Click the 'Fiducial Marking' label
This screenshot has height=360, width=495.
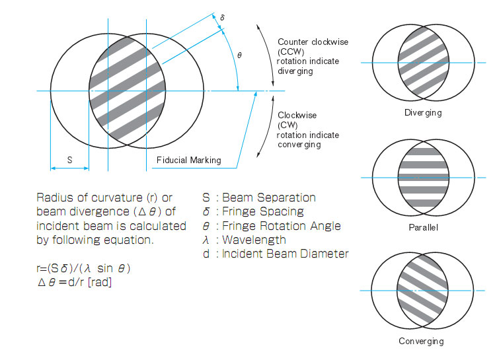[188, 161]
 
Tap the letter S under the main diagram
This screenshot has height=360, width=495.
[69, 160]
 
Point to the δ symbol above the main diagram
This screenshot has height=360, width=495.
[222, 18]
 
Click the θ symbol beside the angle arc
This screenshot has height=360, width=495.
[239, 55]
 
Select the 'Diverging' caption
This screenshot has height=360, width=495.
[423, 113]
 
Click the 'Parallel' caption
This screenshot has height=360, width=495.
[423, 228]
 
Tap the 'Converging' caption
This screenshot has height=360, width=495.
[421, 342]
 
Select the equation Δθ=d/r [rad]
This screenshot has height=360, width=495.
[75, 283]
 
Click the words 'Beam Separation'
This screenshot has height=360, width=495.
[268, 198]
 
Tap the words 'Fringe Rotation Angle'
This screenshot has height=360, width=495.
[282, 225]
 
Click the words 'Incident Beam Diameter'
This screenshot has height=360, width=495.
[286, 254]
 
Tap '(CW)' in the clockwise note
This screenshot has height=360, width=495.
[287, 125]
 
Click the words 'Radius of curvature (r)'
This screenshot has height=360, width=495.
[94, 198]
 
